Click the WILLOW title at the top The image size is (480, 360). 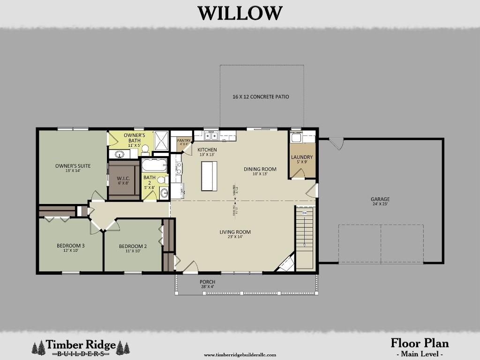(240, 13)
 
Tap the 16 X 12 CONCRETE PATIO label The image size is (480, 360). (261, 97)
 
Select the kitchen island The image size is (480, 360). (209, 176)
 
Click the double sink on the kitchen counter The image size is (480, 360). (211, 136)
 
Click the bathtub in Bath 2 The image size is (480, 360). (154, 165)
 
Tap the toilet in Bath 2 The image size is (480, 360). (162, 180)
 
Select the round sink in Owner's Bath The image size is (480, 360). (120, 154)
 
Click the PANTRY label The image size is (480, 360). (183, 141)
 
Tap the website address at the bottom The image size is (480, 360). (240, 355)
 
